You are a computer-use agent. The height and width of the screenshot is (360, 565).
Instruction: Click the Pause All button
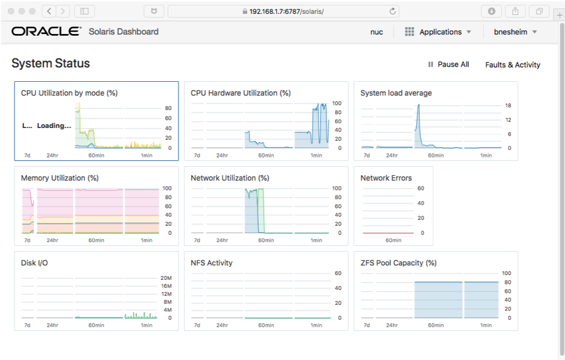click(448, 65)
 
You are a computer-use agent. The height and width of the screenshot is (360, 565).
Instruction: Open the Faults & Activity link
click(512, 65)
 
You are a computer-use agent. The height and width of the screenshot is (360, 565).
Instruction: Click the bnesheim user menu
click(515, 32)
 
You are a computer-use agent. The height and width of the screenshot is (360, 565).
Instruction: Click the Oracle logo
click(46, 32)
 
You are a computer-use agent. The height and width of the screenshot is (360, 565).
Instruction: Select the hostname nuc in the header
click(376, 32)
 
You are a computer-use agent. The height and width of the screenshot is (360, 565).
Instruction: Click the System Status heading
click(51, 63)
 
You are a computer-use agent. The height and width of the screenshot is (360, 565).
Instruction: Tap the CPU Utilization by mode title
click(69, 93)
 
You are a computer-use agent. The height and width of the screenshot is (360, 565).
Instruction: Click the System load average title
click(396, 93)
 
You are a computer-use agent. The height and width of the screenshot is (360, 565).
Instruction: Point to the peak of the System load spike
click(418, 105)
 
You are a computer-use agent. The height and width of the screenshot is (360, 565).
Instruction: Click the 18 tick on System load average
click(508, 105)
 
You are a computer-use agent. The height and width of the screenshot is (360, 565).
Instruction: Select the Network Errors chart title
click(386, 178)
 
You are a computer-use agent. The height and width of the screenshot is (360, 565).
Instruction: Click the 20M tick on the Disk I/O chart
click(166, 278)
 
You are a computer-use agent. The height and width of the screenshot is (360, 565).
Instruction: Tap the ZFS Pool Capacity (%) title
click(398, 263)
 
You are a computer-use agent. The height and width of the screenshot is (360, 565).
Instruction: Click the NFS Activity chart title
click(211, 263)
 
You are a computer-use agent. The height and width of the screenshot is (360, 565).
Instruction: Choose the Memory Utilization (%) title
click(60, 178)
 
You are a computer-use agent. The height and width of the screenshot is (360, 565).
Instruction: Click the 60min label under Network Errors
click(393, 240)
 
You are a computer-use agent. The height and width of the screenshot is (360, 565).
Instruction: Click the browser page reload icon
click(393, 11)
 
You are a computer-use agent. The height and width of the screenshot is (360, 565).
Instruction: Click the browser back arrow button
click(49, 11)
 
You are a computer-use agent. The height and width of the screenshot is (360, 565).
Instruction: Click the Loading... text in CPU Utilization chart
click(54, 126)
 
